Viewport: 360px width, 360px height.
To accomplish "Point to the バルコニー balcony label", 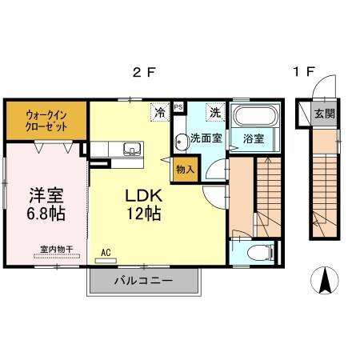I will pos(142,281).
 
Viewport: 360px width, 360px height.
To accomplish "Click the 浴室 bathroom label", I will pos(255,138).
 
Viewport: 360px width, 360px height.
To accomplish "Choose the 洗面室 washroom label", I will pos(206,138).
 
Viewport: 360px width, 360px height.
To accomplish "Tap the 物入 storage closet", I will pos(185,170).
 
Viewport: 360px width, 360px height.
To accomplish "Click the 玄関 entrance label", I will pos(325,113).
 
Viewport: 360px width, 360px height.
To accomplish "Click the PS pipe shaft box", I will pos(178,106).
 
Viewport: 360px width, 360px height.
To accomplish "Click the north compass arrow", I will pos(326,281).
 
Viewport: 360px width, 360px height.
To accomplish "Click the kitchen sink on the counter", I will pos(130,149).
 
